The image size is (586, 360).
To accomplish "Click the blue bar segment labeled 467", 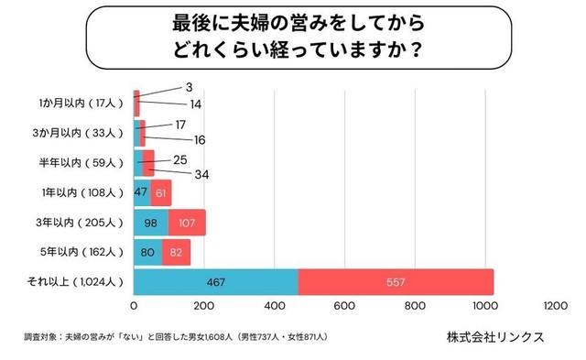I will (216, 282).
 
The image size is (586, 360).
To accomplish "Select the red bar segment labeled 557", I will (396, 282).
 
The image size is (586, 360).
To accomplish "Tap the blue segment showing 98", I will (151, 223).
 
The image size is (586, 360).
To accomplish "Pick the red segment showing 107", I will (187, 223).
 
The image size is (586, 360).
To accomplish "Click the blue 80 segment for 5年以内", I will (148, 252).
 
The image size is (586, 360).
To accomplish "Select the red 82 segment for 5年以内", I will (177, 252).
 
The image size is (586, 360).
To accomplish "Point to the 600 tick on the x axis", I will (344, 307).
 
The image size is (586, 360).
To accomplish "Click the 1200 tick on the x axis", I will (554, 307).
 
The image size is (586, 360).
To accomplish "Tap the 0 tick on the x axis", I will (135, 307).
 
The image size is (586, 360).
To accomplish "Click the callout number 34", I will (198, 174).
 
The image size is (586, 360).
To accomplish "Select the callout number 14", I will (196, 104).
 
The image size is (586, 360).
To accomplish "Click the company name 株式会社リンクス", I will (495, 336).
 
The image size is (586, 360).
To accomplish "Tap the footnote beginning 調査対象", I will (175, 337).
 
